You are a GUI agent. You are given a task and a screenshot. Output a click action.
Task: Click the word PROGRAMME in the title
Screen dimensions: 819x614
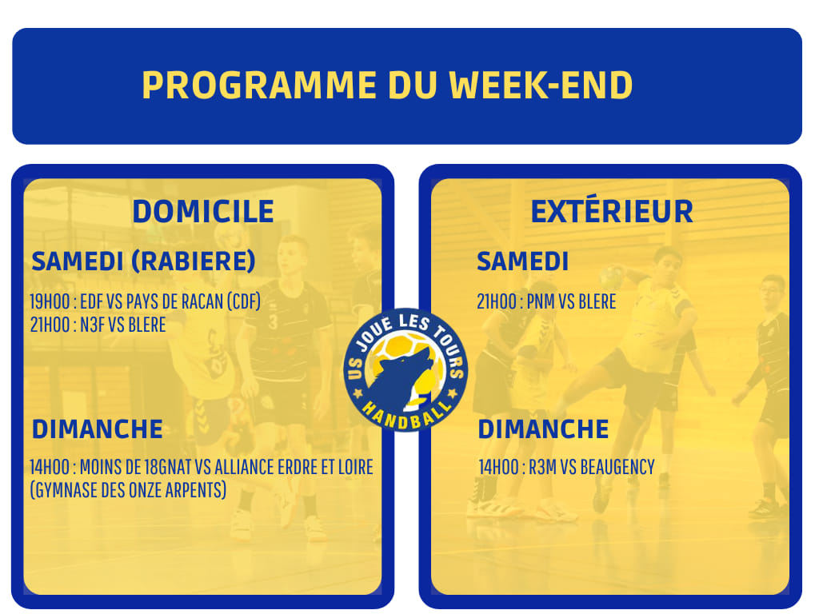click(x=259, y=85)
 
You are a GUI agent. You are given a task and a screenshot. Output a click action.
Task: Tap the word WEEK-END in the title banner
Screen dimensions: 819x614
click(x=541, y=85)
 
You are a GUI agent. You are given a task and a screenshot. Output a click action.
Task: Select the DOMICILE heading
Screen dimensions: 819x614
click(x=203, y=211)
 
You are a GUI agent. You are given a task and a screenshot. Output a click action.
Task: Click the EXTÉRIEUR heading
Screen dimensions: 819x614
click(x=612, y=210)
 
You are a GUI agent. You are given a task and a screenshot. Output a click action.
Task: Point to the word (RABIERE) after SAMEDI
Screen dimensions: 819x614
click(x=194, y=261)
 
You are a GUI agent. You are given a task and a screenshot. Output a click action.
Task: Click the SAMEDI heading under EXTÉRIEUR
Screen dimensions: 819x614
click(x=522, y=261)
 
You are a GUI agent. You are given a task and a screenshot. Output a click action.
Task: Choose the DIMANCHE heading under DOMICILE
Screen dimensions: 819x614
click(x=98, y=429)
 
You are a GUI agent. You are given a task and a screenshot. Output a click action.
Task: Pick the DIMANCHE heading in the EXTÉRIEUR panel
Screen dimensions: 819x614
click(x=544, y=429)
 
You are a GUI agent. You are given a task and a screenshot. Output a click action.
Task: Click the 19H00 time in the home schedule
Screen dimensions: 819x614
click(x=50, y=301)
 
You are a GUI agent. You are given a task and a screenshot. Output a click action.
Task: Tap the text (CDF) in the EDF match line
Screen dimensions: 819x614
click(x=243, y=301)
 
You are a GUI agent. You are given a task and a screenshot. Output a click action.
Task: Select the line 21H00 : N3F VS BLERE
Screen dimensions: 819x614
click(x=98, y=325)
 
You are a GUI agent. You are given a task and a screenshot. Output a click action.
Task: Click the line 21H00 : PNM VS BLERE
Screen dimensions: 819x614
click(x=546, y=301)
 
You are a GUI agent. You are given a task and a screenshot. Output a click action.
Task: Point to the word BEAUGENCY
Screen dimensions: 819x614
click(x=617, y=467)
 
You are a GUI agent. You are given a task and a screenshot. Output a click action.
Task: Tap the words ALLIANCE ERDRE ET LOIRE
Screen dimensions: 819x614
click(x=294, y=467)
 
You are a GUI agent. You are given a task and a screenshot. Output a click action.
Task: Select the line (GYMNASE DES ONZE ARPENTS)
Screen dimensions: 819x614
click(x=128, y=490)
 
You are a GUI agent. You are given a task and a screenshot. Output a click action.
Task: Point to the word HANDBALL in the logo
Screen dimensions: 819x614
click(x=406, y=416)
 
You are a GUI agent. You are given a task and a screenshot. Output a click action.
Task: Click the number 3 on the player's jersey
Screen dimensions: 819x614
click(x=273, y=322)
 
